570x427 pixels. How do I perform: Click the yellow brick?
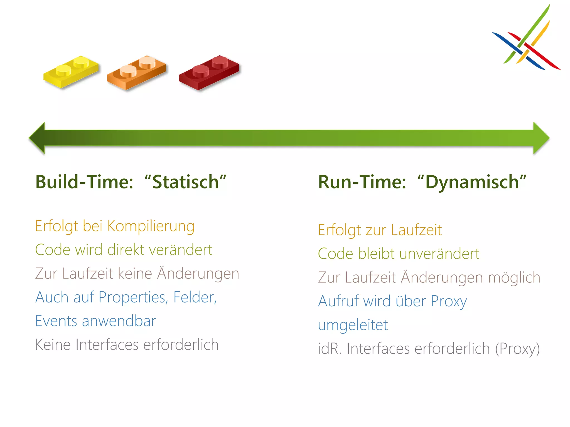pos(71,72)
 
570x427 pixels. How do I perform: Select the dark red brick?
pos(209,73)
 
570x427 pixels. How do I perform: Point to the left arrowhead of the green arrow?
pos(37,138)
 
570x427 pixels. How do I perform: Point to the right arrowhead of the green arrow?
pos(541,138)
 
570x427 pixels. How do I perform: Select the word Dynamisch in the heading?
pos(472,182)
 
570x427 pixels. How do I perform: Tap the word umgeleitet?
pos(353,325)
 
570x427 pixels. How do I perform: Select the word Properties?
pos(133,298)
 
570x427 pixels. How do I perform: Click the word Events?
pos(56,321)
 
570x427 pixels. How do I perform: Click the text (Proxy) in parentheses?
pos(517,349)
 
